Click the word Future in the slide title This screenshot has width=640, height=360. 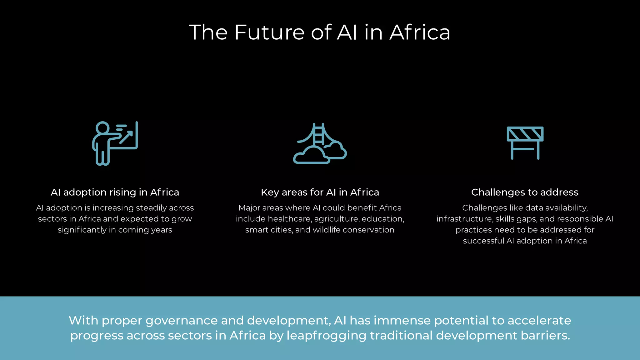(x=269, y=32)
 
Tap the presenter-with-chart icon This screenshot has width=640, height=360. (x=115, y=143)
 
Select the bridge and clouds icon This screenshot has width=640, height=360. (x=320, y=143)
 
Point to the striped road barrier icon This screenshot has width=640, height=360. (x=525, y=142)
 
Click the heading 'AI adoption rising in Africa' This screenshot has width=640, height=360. (x=115, y=192)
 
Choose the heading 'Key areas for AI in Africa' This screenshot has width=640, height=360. (x=320, y=192)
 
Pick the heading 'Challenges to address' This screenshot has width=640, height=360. (x=525, y=192)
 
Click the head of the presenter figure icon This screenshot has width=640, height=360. (x=102, y=128)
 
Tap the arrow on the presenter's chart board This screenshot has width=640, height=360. (x=126, y=137)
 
